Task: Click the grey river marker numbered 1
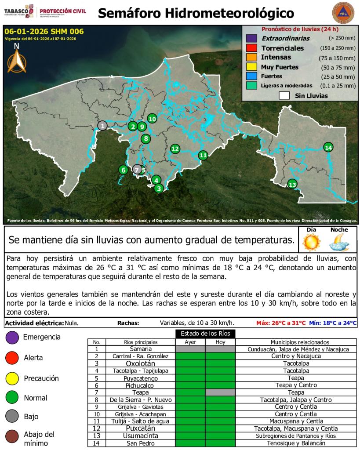point(102,126)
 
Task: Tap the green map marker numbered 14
point(328,147)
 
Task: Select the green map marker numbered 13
point(292,184)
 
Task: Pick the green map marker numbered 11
point(203,155)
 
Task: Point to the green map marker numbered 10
point(152,118)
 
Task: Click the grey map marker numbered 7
point(137,169)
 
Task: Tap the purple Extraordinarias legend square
point(251,38)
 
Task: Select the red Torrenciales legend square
point(251,48)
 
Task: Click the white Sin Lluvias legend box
point(284,95)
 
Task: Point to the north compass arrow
point(17,61)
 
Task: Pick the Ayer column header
point(190,342)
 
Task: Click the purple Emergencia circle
point(11,337)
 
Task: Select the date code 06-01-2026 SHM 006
point(44,31)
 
